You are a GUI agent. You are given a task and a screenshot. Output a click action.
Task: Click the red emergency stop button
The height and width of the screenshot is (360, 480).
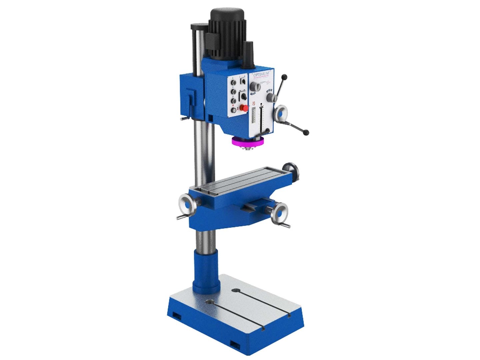245,108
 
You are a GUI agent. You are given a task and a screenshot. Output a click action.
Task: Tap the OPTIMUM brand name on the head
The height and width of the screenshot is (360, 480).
263,74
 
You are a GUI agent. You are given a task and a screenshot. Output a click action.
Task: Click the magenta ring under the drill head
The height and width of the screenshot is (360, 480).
248,142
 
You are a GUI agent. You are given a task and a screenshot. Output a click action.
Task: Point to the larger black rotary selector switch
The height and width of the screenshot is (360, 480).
244,97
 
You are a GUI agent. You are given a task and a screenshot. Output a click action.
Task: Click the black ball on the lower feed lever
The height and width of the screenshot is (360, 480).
306,133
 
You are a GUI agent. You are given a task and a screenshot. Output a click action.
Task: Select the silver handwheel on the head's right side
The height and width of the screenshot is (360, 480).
281,113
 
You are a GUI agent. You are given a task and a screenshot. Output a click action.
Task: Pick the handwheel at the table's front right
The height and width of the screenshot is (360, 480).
280,212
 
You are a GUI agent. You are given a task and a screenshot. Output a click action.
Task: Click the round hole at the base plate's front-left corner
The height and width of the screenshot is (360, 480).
209,302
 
